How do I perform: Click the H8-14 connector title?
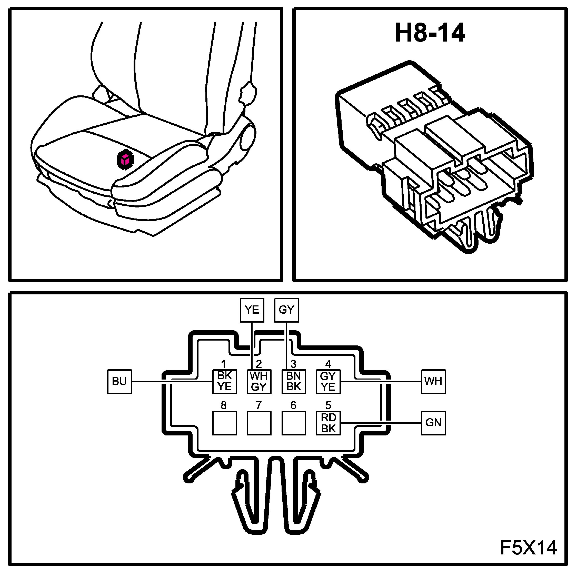(430, 33)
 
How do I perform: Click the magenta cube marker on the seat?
(125, 160)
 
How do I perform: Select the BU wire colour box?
(120, 382)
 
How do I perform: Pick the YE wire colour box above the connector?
(252, 310)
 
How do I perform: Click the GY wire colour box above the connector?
(286, 310)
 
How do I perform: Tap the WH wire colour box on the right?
(433, 382)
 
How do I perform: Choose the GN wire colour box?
(433, 423)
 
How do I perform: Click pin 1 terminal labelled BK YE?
(224, 382)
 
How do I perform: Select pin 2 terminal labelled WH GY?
(259, 382)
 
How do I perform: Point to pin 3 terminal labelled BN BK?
(294, 382)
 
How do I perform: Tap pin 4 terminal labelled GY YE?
(328, 382)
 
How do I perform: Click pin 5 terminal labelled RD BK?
(328, 423)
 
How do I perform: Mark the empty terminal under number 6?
(294, 423)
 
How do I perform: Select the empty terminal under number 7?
(259, 423)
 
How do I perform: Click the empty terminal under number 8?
(224, 423)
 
